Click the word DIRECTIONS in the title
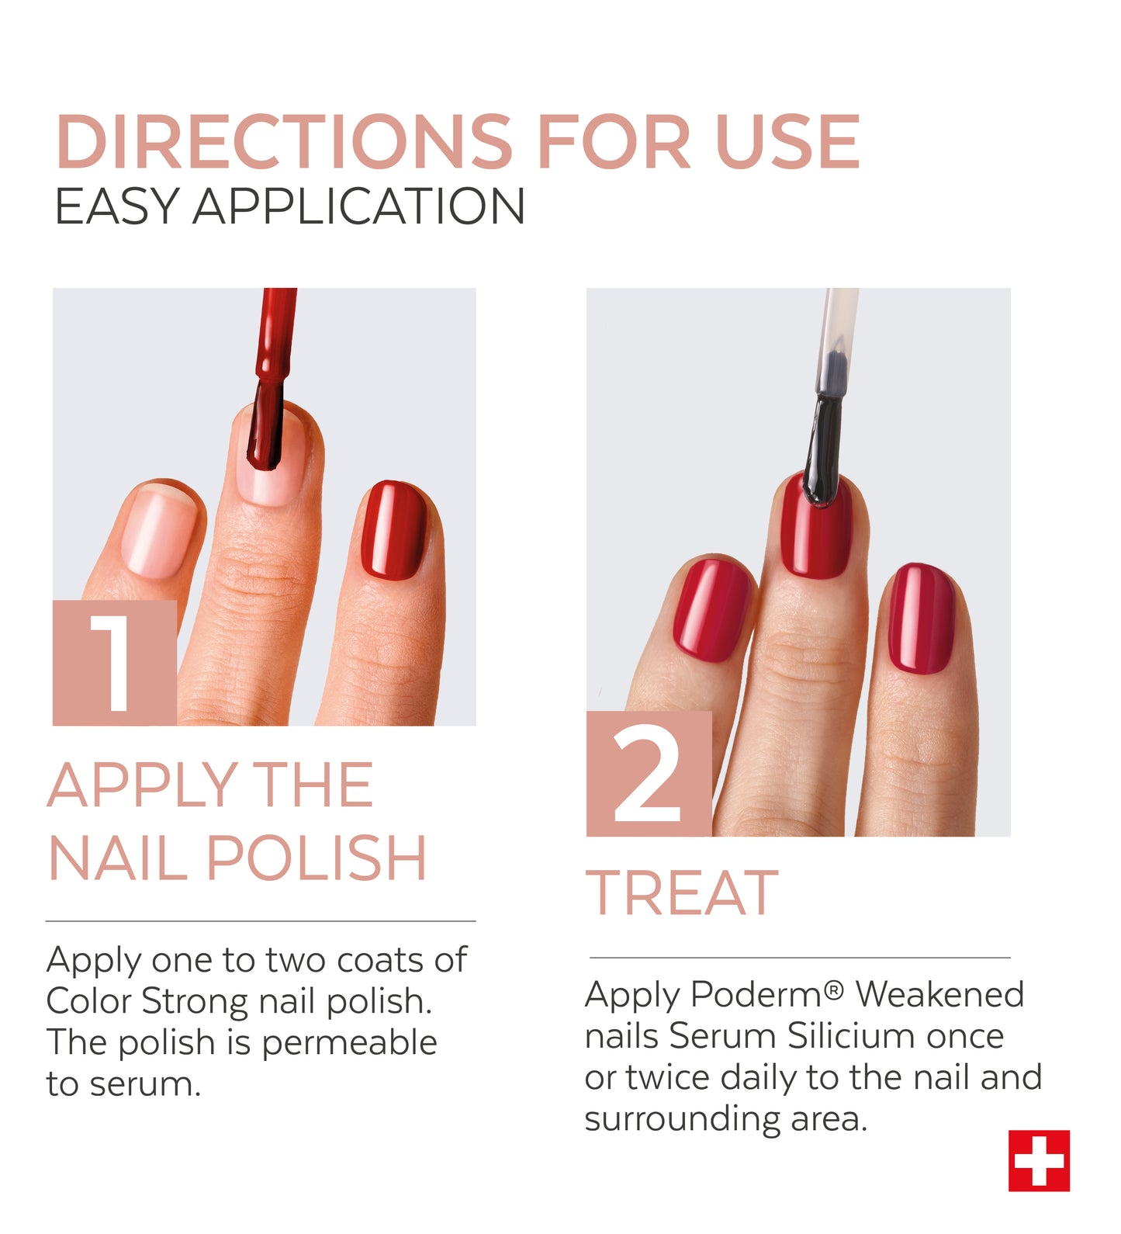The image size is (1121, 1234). [284, 141]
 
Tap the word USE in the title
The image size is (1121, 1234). [787, 141]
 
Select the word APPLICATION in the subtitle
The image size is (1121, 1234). [359, 206]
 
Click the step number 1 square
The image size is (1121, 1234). [115, 663]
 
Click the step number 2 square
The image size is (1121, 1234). [649, 774]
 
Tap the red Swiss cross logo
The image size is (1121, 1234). [1039, 1160]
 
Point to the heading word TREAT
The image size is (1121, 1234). [682, 893]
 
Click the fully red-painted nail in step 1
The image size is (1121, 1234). [394, 530]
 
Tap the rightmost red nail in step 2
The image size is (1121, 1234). [922, 619]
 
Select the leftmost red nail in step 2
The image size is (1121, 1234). [712, 609]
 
